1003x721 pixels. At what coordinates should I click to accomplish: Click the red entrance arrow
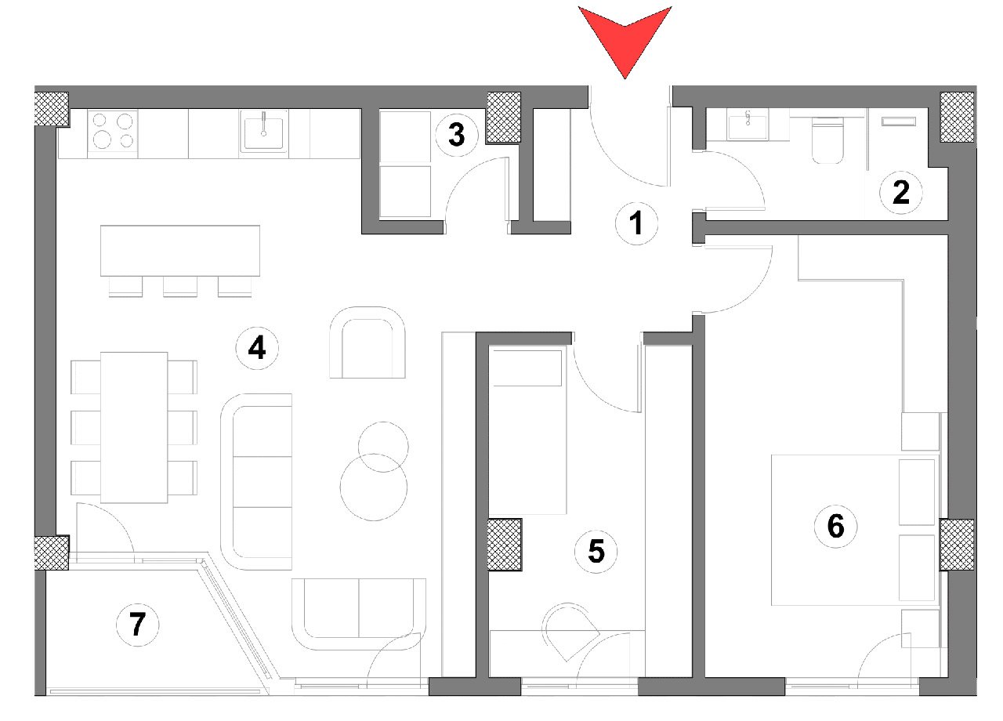625,35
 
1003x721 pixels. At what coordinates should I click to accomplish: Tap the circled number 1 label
635,225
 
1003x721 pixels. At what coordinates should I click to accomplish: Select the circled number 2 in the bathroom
901,192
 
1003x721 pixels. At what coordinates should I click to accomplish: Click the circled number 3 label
456,135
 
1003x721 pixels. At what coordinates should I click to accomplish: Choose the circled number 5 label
596,551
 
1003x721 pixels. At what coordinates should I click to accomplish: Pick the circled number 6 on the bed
836,526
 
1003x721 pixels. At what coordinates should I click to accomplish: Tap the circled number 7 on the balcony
137,625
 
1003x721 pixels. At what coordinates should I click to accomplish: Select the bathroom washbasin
749,125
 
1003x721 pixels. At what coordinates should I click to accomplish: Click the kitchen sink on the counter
264,131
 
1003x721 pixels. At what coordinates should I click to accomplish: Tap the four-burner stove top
113,131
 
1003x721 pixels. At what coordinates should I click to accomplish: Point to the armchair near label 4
368,342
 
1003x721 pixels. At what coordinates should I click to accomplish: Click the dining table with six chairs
134,427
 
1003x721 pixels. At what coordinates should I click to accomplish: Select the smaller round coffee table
383,446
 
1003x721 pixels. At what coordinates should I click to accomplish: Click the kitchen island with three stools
180,251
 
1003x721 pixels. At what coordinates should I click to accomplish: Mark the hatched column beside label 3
504,118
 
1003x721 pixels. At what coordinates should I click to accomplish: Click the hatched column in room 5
505,544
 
